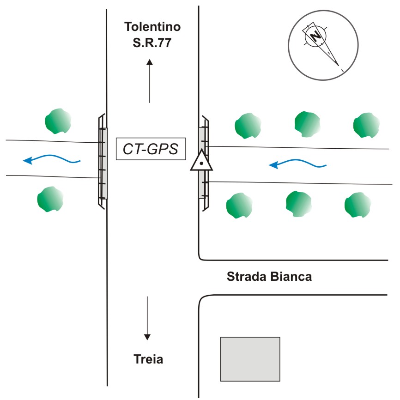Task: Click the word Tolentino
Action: [152, 27]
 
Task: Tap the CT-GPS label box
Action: [150, 149]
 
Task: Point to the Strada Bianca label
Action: [269, 277]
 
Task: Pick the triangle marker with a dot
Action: [201, 161]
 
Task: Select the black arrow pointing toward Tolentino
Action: [150, 81]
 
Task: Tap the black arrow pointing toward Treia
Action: [147, 318]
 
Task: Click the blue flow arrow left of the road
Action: [52, 160]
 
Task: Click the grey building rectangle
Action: [250, 359]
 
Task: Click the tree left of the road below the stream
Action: [50, 199]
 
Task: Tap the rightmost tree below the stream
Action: [358, 205]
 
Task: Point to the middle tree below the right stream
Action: [299, 204]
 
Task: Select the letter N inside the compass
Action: [315, 36]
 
